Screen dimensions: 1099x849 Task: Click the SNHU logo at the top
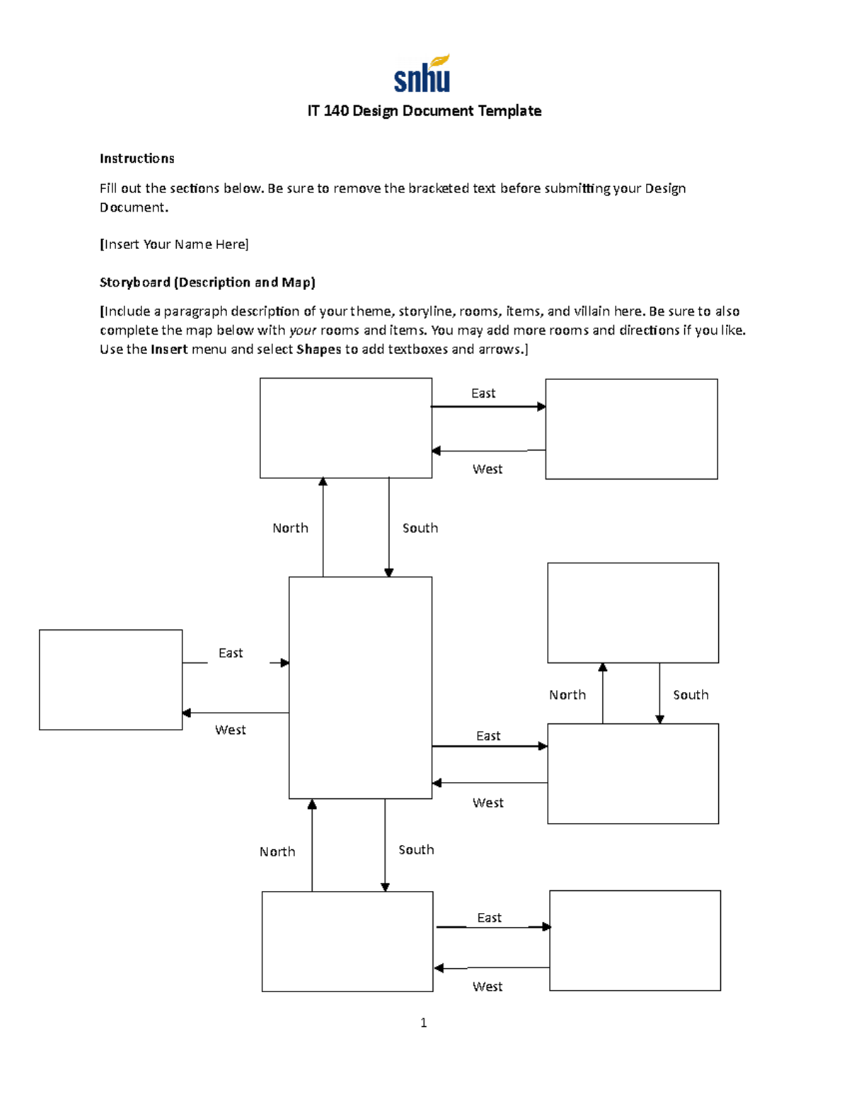422,74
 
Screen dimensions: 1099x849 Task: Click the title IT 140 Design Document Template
424,111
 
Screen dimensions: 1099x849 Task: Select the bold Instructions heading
137,159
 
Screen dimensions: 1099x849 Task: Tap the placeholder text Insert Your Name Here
174,245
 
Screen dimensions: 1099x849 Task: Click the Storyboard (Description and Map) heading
207,282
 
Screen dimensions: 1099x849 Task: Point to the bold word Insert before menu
169,350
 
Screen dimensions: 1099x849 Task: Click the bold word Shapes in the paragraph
319,350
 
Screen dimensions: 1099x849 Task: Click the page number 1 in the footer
423,1023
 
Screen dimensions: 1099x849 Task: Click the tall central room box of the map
360,687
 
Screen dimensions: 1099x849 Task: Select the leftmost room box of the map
110,679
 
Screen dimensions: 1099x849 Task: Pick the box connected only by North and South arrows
633,613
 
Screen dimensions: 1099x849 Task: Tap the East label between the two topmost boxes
483,393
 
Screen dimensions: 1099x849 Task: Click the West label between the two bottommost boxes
487,986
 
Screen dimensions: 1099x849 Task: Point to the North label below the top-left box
290,529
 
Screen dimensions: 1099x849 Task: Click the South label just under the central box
416,850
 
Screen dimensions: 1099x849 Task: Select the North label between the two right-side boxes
567,695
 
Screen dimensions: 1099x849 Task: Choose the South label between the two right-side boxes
691,695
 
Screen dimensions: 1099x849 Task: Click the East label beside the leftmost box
231,653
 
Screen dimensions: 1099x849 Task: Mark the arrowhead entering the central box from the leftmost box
284,663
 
